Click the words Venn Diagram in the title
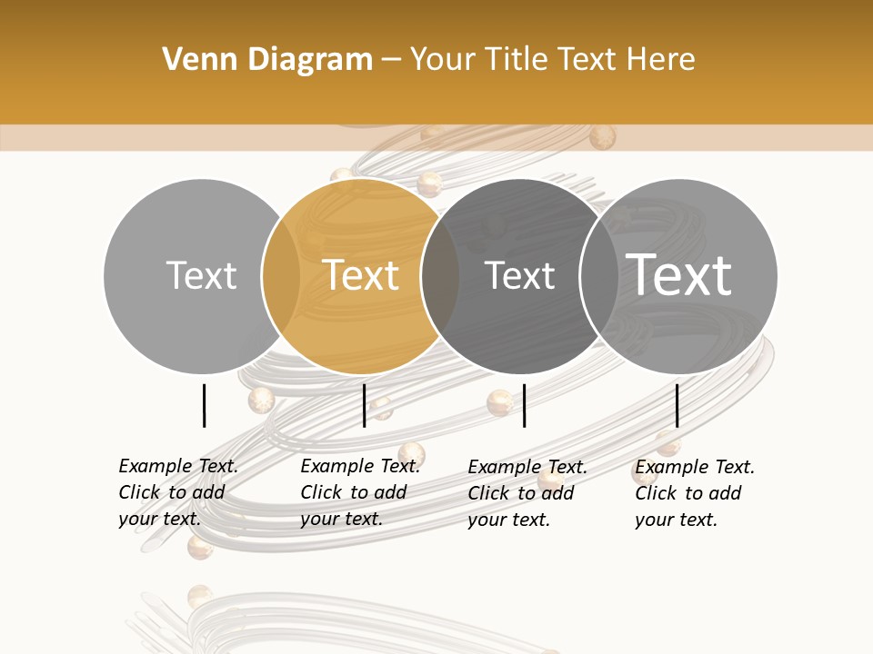pyautogui.click(x=267, y=60)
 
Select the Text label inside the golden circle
pyautogui.click(x=361, y=275)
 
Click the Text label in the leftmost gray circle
pyautogui.click(x=201, y=275)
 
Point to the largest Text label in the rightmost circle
pyautogui.click(x=679, y=274)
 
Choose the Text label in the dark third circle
pyautogui.click(x=519, y=275)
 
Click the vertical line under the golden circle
pyautogui.click(x=364, y=405)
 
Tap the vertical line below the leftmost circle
pyautogui.click(x=205, y=405)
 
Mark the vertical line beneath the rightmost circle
pyautogui.click(x=677, y=405)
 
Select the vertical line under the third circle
pyautogui.click(x=525, y=405)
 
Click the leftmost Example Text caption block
pyautogui.click(x=177, y=492)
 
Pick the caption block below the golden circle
pyautogui.click(x=359, y=492)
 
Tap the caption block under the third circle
pyautogui.click(x=527, y=493)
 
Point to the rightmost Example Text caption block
pyautogui.click(x=694, y=493)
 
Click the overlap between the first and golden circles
pyautogui.click(x=281, y=275)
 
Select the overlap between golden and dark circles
pyautogui.click(x=440, y=275)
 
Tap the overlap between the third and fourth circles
pyautogui.click(x=599, y=275)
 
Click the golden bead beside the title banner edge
pyautogui.click(x=602, y=137)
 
